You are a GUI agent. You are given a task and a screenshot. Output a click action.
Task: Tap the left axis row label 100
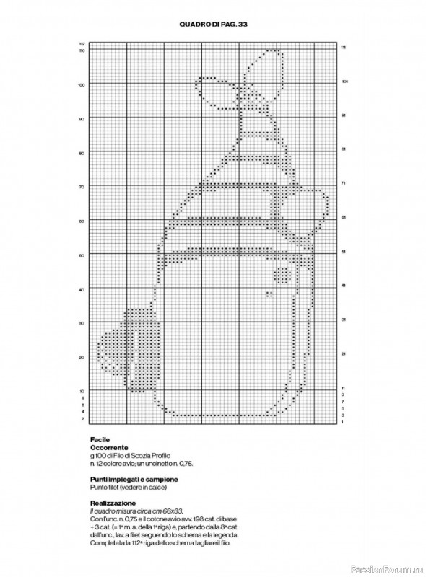tap(82, 84)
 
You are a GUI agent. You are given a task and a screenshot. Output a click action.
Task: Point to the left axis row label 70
tap(82, 187)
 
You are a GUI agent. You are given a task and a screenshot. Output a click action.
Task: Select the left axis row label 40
tap(82, 289)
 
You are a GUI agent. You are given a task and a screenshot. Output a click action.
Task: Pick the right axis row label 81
tap(344, 149)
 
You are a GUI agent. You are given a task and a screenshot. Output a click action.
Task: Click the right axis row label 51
tap(344, 252)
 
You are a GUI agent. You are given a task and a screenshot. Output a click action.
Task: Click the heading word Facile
tap(100, 439)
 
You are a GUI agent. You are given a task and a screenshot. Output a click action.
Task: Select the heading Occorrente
tap(108, 448)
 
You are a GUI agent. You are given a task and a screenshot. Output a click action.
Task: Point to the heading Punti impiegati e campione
tap(134, 480)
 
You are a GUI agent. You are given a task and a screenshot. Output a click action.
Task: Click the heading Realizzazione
tap(113, 503)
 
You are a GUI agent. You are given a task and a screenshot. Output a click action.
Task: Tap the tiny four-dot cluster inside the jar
tap(269, 294)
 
